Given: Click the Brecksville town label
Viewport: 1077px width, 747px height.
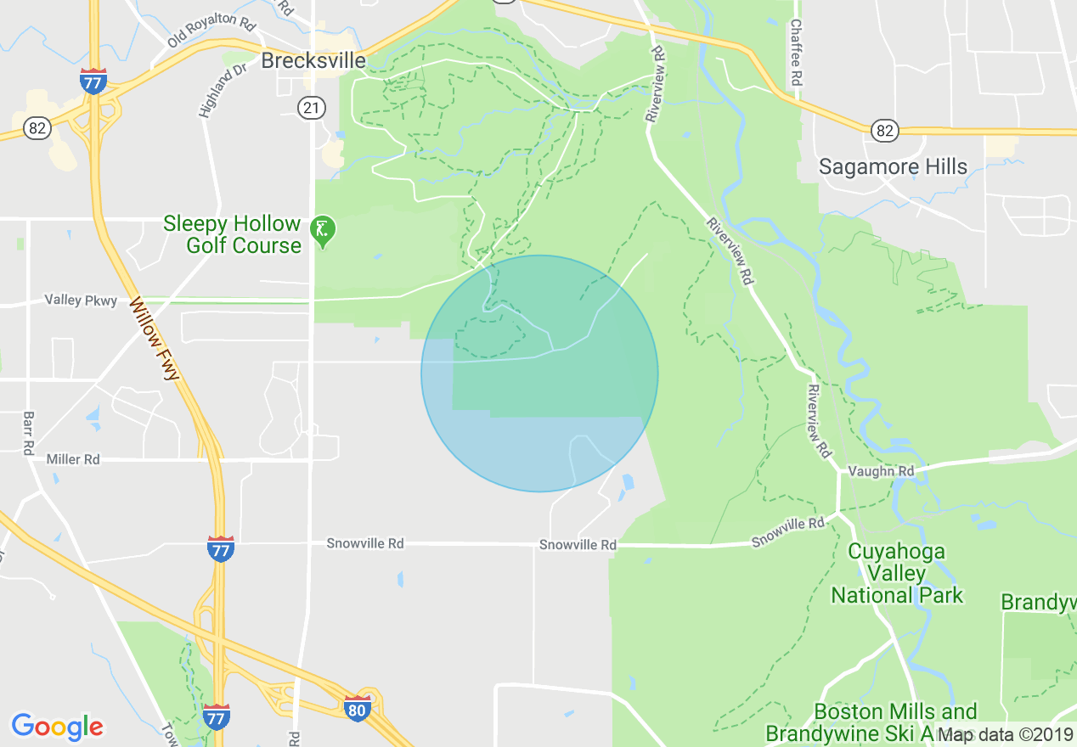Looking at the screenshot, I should (313, 60).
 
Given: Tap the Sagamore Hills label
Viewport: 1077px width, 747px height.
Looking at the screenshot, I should (893, 166).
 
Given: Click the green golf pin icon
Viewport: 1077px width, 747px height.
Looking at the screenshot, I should (322, 229).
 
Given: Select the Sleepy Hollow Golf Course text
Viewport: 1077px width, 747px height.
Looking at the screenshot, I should (232, 234).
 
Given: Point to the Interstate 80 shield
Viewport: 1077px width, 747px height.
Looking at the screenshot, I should (358, 709).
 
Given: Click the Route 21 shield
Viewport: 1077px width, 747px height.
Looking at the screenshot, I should (311, 107).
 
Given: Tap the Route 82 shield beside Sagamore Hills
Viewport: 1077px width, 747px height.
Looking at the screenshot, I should (884, 130).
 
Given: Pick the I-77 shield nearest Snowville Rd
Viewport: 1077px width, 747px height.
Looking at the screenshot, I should (221, 549).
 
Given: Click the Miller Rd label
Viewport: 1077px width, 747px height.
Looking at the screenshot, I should (73, 459).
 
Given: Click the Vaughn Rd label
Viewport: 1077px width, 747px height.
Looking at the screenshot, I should (881, 471).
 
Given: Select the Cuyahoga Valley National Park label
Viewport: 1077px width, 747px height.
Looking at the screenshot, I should (897, 573).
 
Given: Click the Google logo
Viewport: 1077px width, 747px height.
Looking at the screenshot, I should (57, 727).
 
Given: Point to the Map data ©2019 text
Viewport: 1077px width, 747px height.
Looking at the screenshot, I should (1006, 734).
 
